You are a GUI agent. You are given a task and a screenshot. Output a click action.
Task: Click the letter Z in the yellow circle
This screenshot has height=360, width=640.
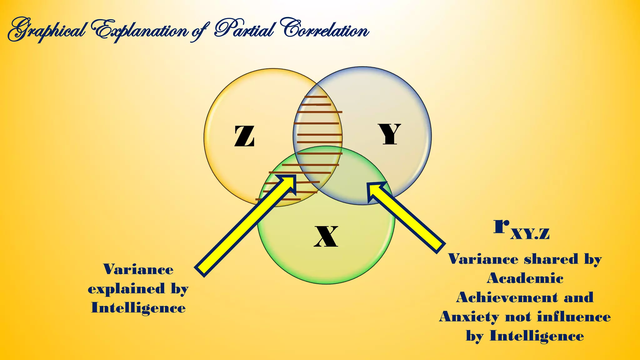point(244,136)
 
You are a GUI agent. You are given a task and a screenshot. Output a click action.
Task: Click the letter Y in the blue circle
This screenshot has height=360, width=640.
point(389,134)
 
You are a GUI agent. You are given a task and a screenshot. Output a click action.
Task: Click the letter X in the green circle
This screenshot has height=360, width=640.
point(326,237)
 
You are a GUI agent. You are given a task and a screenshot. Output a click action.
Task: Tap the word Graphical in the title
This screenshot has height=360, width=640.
point(47,31)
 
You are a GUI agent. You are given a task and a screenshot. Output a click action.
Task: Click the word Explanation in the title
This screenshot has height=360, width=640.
point(141,31)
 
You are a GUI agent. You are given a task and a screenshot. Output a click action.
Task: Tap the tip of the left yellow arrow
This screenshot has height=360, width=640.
point(294,177)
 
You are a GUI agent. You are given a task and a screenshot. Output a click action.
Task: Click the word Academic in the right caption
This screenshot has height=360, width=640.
point(525,278)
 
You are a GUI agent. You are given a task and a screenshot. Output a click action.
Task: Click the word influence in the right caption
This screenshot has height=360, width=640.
point(574,317)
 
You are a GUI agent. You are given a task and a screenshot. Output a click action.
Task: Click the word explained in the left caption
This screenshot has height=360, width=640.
point(126,289)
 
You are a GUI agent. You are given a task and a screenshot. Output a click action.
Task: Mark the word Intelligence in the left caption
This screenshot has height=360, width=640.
point(138,308)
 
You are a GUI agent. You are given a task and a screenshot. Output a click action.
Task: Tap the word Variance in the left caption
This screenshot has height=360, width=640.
point(138,269)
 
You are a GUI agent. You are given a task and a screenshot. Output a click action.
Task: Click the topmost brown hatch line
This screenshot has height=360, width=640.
point(316,97)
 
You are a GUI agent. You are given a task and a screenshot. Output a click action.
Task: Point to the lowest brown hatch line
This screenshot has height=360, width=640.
point(278,199)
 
